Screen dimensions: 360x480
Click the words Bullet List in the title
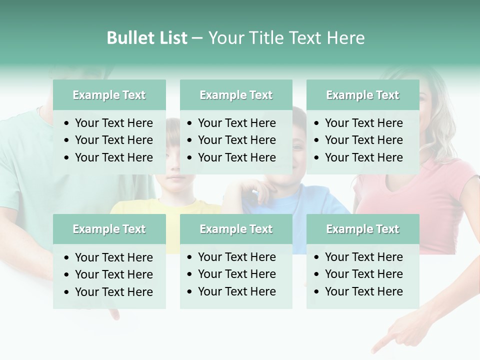(147, 38)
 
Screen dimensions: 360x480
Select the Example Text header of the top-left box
(109, 95)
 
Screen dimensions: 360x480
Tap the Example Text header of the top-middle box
(236, 95)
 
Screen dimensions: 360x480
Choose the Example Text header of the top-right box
(362, 95)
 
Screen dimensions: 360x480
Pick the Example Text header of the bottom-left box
(109, 229)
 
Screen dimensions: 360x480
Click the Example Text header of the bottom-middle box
(236, 229)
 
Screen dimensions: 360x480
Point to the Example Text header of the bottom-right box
(362, 229)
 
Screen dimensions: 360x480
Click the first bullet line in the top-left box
(113, 123)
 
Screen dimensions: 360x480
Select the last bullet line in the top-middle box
(236, 157)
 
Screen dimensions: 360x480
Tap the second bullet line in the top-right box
(363, 140)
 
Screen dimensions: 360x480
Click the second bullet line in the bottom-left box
(113, 274)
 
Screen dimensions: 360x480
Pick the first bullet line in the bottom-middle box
(236, 257)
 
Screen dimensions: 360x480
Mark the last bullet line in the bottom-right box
(363, 291)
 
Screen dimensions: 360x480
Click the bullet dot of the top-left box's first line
(67, 123)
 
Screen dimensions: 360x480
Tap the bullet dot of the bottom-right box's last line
(317, 292)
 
